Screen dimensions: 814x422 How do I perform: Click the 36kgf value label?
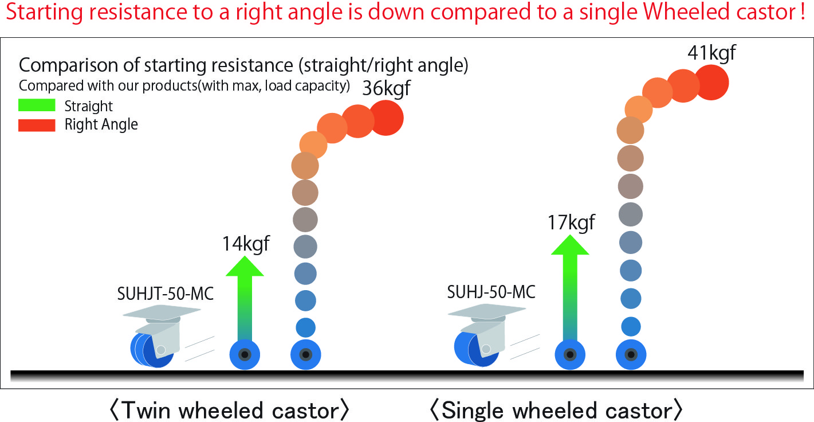386,89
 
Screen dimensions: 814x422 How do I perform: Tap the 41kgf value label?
711,53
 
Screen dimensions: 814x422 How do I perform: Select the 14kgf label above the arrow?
246,244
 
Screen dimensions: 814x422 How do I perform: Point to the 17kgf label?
571,222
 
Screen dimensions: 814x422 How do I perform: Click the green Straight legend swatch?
37,105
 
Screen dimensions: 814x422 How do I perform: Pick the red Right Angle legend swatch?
37,125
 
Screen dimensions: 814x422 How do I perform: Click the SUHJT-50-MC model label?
166,294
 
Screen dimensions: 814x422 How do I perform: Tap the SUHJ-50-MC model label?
491,292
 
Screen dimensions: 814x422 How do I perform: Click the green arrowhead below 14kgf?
245,266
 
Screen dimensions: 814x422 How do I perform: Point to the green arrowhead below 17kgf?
570,245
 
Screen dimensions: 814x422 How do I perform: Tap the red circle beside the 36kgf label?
386,118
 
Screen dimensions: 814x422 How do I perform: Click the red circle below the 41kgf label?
711,83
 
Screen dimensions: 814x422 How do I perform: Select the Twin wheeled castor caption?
229,410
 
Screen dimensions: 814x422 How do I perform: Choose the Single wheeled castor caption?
556,410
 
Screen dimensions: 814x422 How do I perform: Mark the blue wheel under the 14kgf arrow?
245,355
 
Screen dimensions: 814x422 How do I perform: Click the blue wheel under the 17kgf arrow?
570,355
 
